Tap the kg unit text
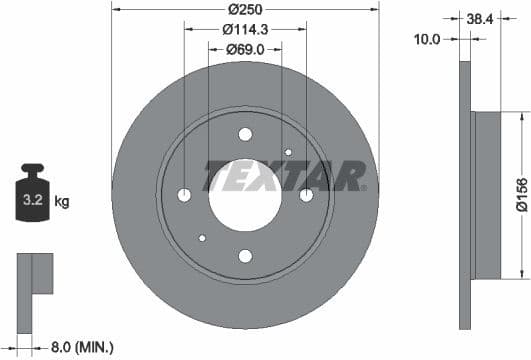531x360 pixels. (x=62, y=202)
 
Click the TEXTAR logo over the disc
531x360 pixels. (x=286, y=176)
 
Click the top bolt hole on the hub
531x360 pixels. (x=245, y=134)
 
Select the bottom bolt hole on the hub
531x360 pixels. (x=245, y=257)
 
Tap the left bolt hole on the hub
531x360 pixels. (x=184, y=195)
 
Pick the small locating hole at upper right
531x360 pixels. (x=288, y=152)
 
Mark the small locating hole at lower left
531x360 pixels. (x=202, y=238)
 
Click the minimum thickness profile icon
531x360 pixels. (x=34, y=274)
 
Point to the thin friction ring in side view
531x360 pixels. (x=464, y=194)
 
